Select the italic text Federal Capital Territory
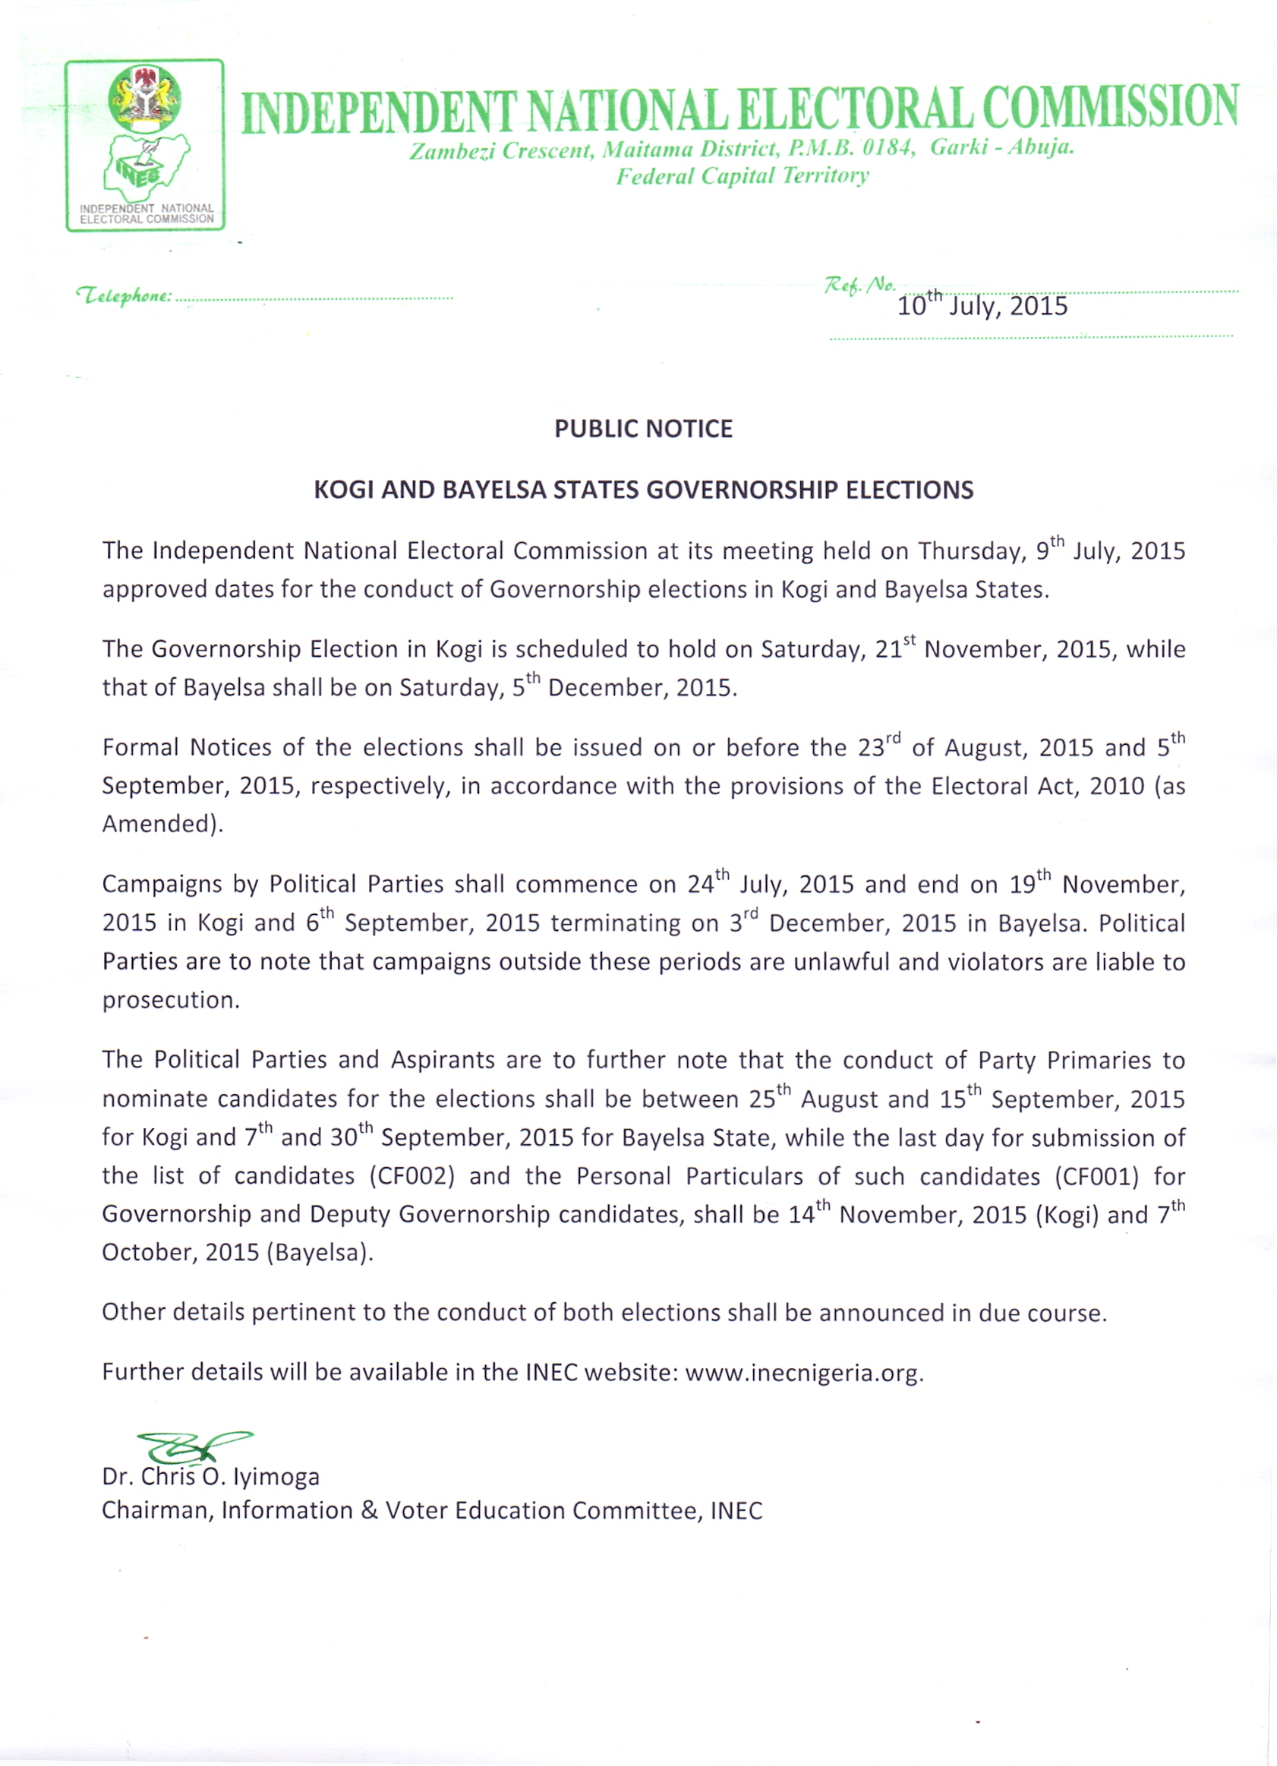(x=742, y=176)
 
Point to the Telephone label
(x=123, y=296)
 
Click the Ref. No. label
(x=859, y=285)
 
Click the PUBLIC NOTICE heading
(x=643, y=429)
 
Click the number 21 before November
(x=888, y=649)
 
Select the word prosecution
(x=171, y=1001)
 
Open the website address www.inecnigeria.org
(x=803, y=1372)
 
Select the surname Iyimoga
(x=276, y=1477)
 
